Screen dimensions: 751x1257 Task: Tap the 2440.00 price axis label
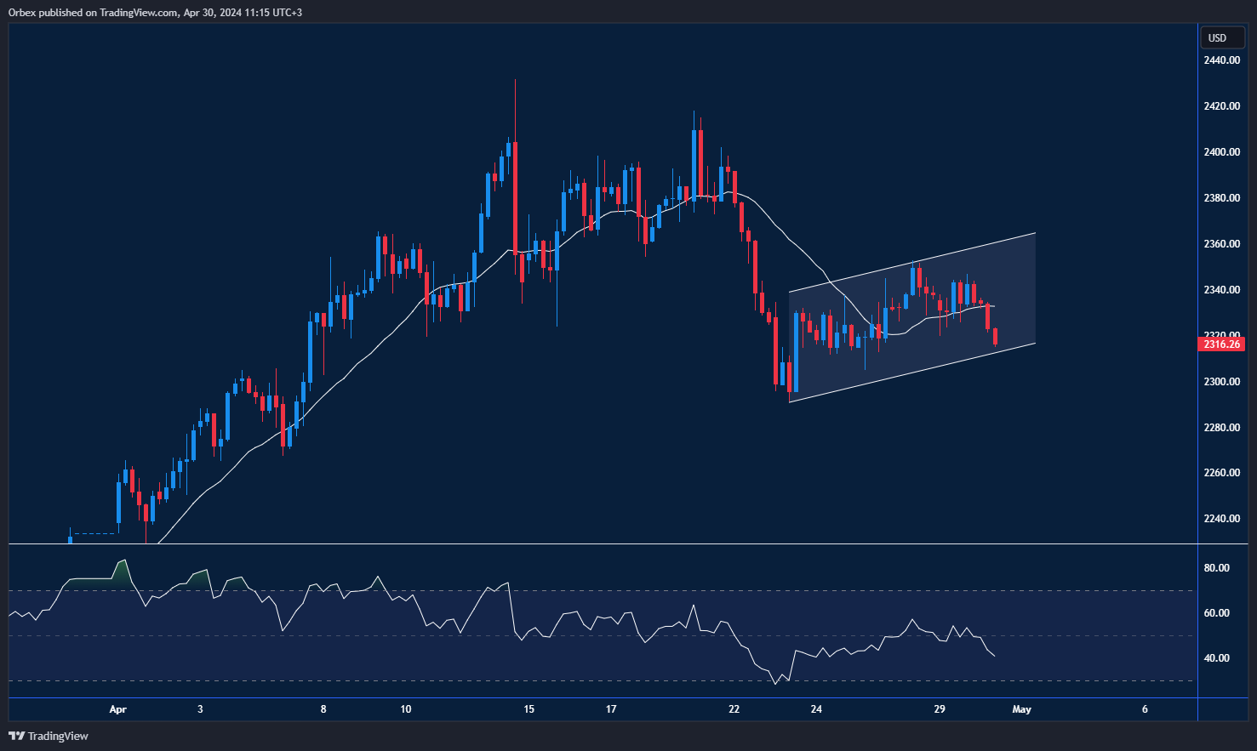click(x=1221, y=60)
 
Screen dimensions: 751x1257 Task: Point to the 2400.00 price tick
click(x=1221, y=152)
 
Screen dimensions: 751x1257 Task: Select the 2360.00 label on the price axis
click(x=1221, y=244)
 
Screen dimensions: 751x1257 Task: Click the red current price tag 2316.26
click(x=1221, y=344)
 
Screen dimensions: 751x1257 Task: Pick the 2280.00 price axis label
click(x=1221, y=428)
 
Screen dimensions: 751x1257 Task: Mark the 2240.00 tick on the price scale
click(x=1221, y=519)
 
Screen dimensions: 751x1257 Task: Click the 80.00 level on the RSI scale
click(x=1216, y=568)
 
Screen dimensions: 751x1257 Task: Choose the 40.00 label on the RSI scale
click(x=1216, y=658)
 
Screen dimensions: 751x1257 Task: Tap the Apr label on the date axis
click(x=118, y=709)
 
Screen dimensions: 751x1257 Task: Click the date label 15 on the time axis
click(x=529, y=709)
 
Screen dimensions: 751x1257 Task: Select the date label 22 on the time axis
click(x=734, y=709)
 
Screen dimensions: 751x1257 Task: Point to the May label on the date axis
click(x=1021, y=709)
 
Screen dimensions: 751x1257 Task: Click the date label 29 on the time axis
click(x=940, y=709)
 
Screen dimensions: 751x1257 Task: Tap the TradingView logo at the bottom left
click(x=49, y=736)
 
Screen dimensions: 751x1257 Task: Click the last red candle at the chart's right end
click(x=995, y=336)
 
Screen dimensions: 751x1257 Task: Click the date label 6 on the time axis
click(x=1145, y=709)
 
